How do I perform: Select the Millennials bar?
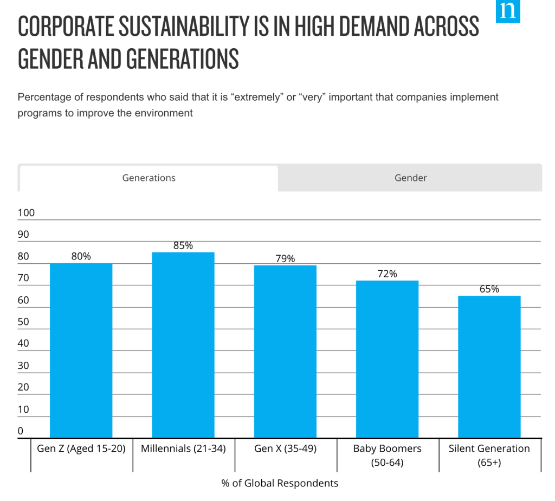click(183, 344)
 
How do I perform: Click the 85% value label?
click(183, 245)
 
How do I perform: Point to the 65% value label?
click(489, 289)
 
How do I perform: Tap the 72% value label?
click(387, 274)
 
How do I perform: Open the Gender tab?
click(410, 178)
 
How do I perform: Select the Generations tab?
click(149, 178)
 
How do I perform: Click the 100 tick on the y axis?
click(26, 213)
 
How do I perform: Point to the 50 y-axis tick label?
click(23, 322)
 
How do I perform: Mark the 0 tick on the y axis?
click(21, 431)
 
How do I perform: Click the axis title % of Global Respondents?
click(280, 483)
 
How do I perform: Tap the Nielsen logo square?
click(508, 11)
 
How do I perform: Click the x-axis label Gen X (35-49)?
click(285, 448)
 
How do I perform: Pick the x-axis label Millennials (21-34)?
click(183, 448)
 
